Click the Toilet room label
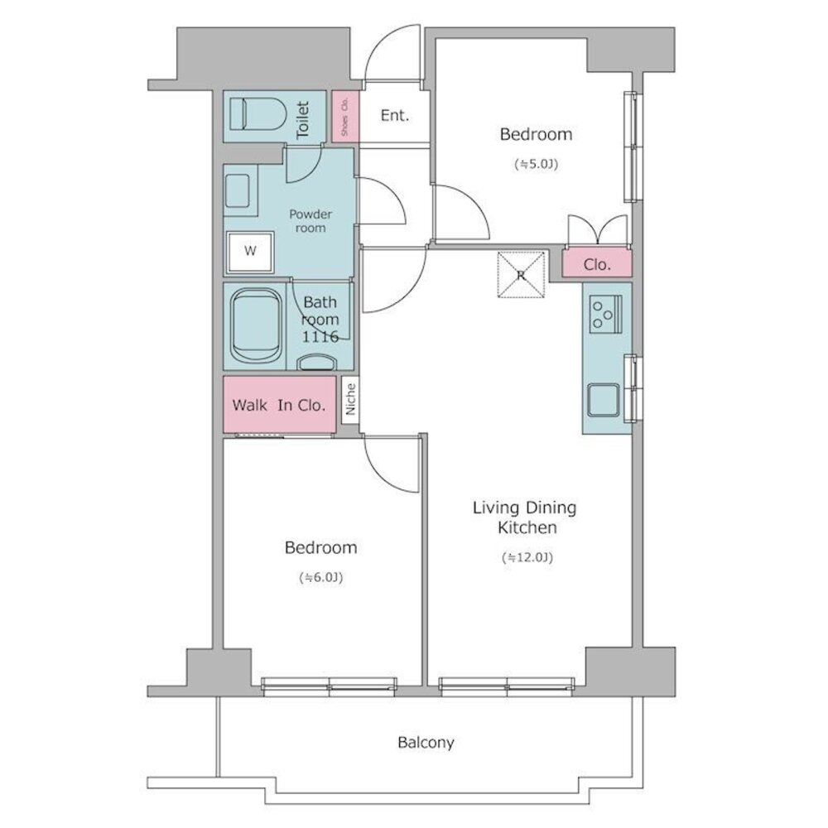302,120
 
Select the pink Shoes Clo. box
344,117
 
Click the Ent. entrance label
395,115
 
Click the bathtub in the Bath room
256,325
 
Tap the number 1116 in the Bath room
320,336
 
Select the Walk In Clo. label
279,405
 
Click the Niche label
350,399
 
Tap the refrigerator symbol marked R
521,275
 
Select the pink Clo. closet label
597,264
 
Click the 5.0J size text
536,164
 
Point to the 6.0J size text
321,578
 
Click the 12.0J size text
527,557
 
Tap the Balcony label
426,743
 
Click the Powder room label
310,221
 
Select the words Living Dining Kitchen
524,517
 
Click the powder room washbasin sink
238,191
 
